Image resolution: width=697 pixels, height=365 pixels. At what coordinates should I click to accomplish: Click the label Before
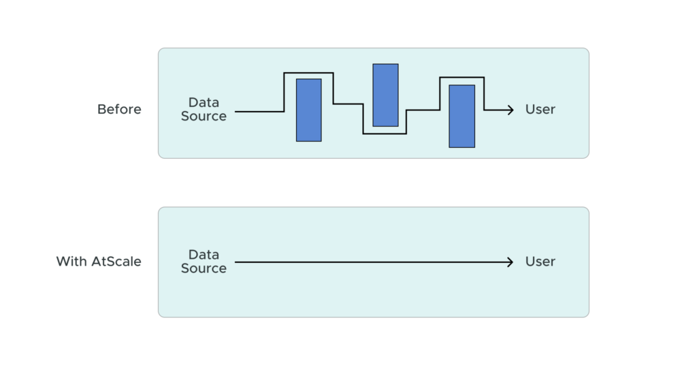click(119, 110)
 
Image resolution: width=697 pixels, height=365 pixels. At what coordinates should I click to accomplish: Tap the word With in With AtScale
click(71, 261)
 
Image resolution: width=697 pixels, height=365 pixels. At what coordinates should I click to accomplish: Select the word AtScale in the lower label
click(116, 261)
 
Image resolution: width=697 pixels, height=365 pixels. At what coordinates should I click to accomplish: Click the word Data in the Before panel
click(204, 103)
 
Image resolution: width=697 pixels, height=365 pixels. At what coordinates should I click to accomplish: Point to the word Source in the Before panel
click(204, 116)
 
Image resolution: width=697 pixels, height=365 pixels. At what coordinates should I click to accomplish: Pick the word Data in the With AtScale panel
click(204, 255)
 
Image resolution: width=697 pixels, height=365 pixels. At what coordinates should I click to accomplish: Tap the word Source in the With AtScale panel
click(204, 268)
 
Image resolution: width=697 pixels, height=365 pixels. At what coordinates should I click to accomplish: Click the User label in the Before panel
click(540, 110)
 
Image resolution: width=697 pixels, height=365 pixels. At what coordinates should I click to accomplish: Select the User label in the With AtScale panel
click(540, 261)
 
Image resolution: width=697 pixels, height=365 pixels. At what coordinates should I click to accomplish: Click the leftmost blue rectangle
click(308, 110)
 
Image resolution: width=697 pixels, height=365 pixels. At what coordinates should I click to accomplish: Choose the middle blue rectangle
click(385, 95)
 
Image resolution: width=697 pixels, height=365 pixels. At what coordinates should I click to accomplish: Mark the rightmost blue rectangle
click(461, 116)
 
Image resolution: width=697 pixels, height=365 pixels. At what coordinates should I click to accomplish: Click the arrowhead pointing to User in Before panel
click(510, 110)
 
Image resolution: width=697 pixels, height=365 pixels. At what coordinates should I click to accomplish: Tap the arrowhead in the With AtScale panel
click(510, 261)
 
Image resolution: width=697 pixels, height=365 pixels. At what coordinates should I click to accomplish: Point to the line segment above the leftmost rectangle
click(308, 72)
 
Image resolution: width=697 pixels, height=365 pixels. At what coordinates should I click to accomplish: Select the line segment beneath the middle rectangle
click(385, 133)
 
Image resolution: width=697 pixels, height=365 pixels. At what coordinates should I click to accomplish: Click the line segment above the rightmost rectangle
click(461, 78)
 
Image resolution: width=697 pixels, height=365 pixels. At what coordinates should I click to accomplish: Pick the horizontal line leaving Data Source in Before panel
click(259, 111)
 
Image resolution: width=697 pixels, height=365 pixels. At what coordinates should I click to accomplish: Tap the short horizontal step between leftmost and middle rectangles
click(348, 104)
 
